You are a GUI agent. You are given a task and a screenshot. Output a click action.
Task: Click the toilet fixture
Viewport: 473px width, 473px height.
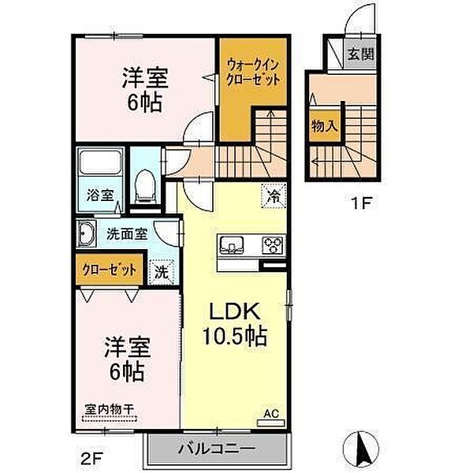point(145,186)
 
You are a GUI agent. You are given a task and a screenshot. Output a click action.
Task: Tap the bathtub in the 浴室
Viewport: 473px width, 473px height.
point(100,162)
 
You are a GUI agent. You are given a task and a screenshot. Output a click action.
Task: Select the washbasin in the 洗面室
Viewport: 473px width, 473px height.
point(86,234)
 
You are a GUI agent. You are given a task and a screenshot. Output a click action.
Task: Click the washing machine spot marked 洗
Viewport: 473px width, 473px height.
point(162,272)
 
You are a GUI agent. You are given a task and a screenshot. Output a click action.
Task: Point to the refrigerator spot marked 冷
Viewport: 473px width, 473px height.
point(274,196)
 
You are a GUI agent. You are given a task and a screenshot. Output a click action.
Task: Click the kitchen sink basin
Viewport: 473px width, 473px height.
point(233,244)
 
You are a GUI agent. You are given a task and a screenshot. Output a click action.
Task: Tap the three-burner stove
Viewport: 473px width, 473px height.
point(273,244)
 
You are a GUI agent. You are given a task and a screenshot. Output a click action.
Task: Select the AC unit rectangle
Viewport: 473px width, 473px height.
point(270,423)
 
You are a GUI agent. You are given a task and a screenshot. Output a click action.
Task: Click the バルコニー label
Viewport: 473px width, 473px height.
point(216,449)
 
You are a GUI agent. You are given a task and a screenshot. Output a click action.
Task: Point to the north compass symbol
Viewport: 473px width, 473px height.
point(361,447)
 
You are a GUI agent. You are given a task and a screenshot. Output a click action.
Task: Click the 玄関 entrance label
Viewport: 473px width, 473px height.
point(360,54)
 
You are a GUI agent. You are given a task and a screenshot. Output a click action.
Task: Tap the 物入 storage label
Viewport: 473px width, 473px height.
point(324,125)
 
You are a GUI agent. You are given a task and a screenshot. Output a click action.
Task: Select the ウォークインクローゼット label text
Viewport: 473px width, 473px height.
point(253,72)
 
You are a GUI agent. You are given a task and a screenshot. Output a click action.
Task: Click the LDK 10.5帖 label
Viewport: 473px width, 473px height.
point(235,324)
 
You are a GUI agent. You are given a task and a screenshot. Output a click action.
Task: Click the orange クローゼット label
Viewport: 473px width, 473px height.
point(109,270)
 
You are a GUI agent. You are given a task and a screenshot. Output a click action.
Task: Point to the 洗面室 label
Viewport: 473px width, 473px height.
point(127,234)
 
